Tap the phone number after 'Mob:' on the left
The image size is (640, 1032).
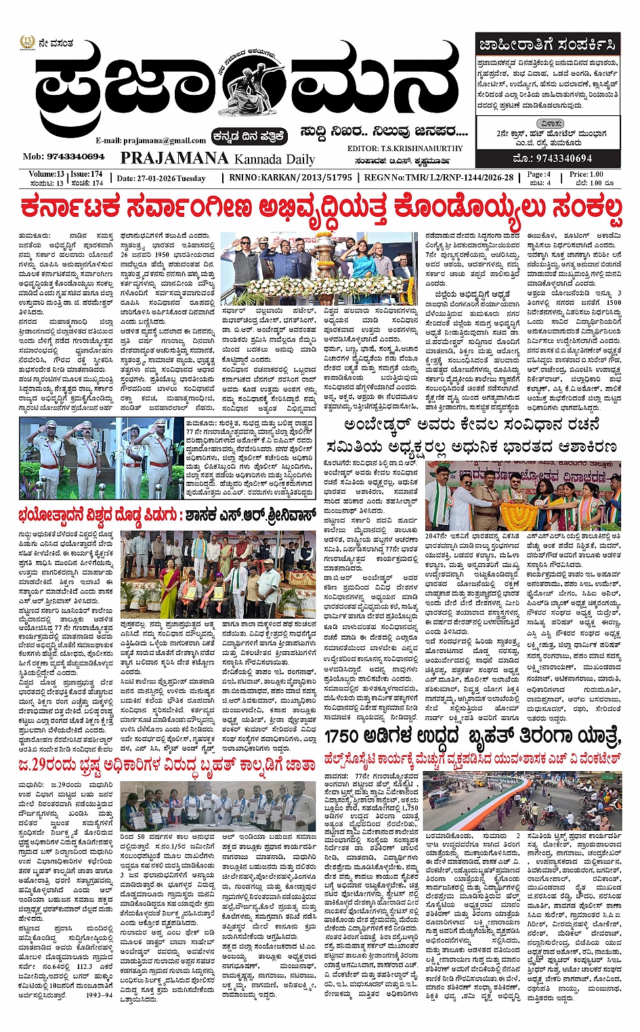point(75,157)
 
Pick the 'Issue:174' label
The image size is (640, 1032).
point(87,174)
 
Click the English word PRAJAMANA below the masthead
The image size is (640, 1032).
point(174,158)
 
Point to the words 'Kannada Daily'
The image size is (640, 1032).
point(274,159)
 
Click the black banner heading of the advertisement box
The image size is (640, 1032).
point(548,45)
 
